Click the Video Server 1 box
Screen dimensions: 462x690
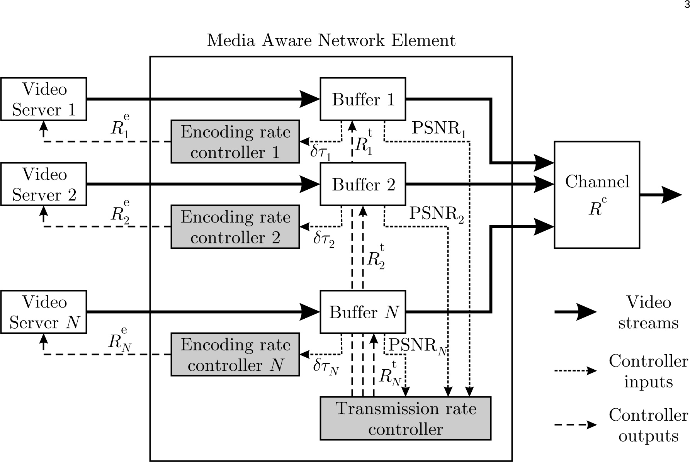(x=43, y=99)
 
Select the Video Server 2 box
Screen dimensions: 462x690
(x=43, y=184)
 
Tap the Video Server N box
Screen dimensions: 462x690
(x=43, y=312)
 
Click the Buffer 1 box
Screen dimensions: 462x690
(x=363, y=99)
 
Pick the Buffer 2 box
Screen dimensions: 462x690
(x=363, y=184)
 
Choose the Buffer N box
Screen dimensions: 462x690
(x=363, y=312)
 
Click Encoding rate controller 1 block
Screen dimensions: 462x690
(x=235, y=142)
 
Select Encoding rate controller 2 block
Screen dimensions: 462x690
(x=235, y=227)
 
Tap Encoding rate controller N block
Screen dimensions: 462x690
(x=235, y=355)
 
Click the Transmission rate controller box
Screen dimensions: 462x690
(x=405, y=418)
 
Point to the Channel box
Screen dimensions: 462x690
(x=597, y=195)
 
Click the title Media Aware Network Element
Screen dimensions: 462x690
(x=331, y=41)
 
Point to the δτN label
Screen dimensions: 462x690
(x=326, y=367)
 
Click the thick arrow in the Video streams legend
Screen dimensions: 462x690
(x=575, y=312)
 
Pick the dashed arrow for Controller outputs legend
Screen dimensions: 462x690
(x=575, y=425)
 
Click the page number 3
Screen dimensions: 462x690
(x=687, y=5)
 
